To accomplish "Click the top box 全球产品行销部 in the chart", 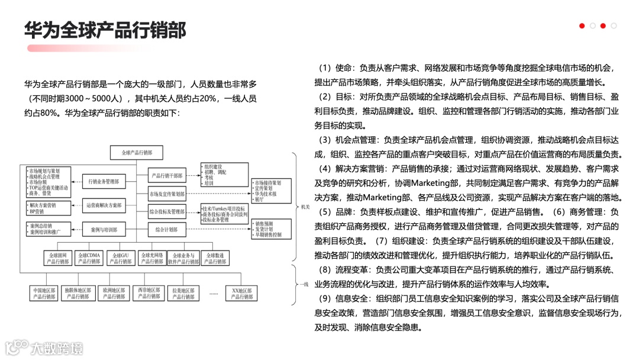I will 136,153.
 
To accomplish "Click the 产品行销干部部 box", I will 167,175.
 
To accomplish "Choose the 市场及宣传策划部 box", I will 167,194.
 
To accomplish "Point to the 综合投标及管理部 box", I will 167,211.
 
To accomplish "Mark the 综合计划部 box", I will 167,229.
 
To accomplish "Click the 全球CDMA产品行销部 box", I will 89,258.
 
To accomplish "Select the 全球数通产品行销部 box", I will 215,258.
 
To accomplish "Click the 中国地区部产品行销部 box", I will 44,294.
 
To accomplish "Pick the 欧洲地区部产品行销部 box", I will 113,294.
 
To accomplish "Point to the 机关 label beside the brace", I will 305,207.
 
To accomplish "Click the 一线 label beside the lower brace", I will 303,284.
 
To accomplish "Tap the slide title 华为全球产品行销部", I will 105,30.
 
